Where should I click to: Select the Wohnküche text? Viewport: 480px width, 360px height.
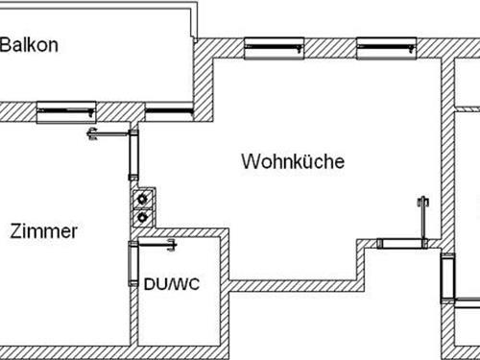pyautogui.click(x=293, y=161)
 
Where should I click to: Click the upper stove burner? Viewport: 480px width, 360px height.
pyautogui.click(x=143, y=200)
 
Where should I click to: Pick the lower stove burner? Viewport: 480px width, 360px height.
pyautogui.click(x=143, y=217)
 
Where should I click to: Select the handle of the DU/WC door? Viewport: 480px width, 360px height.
pyautogui.click(x=172, y=246)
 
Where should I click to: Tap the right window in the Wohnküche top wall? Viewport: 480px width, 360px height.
pyautogui.click(x=385, y=47)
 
